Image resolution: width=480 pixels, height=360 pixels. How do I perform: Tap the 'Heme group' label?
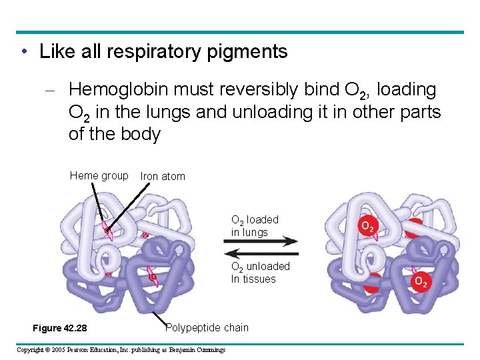[x=99, y=176]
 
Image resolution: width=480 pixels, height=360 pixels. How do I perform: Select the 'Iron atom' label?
[x=163, y=177]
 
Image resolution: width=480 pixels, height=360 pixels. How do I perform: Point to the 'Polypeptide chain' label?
[x=207, y=327]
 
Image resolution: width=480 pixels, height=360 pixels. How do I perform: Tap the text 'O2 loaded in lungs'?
[x=254, y=226]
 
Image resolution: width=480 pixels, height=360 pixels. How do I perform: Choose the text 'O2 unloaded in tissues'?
[x=260, y=273]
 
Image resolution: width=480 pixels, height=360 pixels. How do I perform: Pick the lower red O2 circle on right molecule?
[x=420, y=281]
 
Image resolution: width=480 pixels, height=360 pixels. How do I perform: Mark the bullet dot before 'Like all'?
[x=24, y=52]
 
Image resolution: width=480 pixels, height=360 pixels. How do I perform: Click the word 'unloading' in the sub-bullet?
[x=276, y=112]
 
